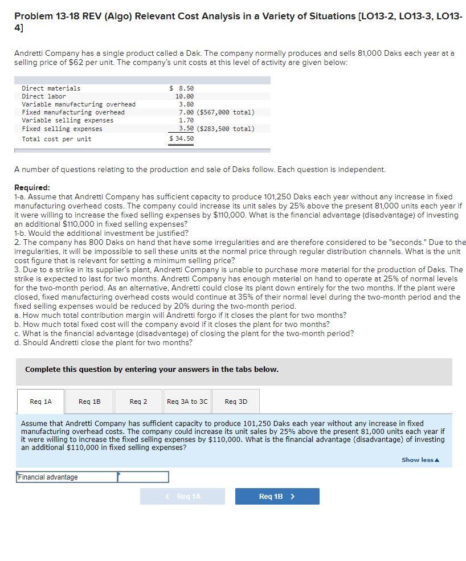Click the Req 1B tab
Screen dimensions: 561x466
coord(89,402)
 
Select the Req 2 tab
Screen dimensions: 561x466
coord(138,402)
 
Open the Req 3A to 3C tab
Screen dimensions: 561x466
coord(187,402)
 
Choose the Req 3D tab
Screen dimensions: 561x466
coord(236,402)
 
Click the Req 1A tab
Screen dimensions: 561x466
coord(40,402)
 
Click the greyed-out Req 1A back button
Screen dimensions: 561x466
coord(182,496)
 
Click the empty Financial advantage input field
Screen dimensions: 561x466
coord(143,477)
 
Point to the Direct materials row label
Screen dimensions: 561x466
coord(51,88)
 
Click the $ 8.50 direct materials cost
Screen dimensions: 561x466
coord(182,88)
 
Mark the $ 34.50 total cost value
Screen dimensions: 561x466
coord(182,138)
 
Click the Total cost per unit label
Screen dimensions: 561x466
coord(56,139)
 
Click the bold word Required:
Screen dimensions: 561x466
coord(32,187)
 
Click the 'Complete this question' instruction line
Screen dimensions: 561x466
coord(152,369)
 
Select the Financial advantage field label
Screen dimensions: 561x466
coord(48,477)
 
